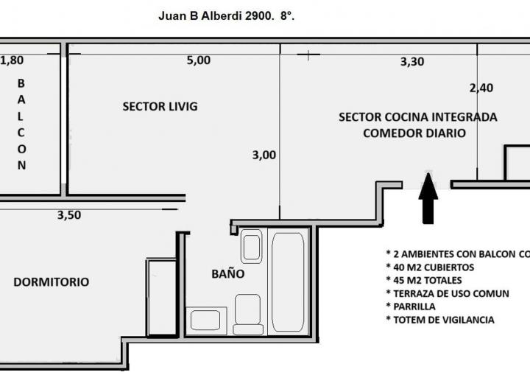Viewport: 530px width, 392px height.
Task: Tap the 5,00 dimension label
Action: [198, 60]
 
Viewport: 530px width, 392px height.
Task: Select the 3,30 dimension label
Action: [411, 62]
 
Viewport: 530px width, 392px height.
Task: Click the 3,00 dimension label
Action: [264, 155]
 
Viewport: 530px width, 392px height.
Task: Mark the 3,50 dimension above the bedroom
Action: [69, 215]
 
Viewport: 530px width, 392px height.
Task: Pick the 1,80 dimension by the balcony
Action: [13, 60]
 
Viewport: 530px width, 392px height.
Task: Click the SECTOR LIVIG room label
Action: [160, 106]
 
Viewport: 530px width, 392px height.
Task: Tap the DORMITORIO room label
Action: [51, 281]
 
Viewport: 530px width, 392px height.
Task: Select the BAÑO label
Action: [227, 273]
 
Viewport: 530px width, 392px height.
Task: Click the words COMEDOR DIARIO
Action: [414, 133]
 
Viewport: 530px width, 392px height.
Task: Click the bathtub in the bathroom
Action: [288, 280]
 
